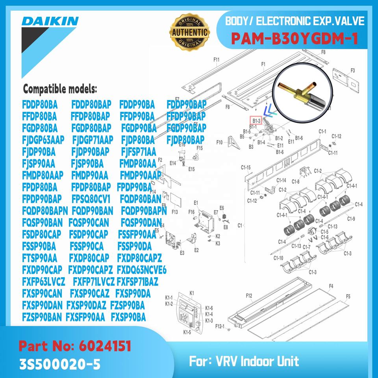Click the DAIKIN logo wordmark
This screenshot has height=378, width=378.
(x=50, y=21)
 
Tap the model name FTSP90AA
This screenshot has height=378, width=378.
(x=40, y=258)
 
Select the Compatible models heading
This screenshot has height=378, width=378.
(x=60, y=89)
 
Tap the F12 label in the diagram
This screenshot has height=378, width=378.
(x=248, y=295)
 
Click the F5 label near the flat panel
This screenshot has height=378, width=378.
(x=348, y=296)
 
